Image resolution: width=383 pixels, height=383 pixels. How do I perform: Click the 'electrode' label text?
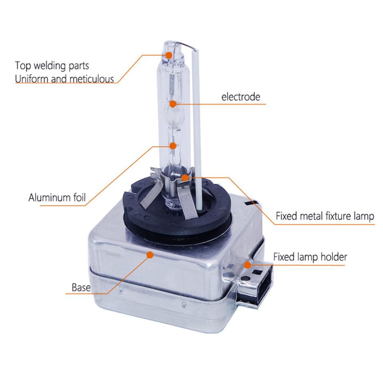click(x=241, y=97)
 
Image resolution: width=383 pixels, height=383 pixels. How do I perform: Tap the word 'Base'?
click(x=81, y=287)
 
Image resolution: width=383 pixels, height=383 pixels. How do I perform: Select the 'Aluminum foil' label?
click(x=57, y=197)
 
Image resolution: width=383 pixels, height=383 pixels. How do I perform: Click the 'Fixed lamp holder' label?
click(x=310, y=257)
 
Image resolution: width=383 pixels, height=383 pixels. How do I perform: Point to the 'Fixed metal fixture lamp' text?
click(x=325, y=216)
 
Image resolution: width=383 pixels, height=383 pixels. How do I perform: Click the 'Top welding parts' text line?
click(x=52, y=65)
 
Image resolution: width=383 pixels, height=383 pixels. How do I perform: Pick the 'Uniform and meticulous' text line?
click(x=64, y=79)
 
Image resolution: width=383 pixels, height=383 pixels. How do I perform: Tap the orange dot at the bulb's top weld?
click(x=169, y=55)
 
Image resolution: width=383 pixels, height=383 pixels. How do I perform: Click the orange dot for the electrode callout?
click(x=173, y=104)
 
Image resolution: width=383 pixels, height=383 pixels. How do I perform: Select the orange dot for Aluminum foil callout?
click(x=173, y=146)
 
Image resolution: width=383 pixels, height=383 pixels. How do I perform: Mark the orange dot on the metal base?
click(x=150, y=255)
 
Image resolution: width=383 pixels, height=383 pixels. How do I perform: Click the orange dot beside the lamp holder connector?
click(x=247, y=265)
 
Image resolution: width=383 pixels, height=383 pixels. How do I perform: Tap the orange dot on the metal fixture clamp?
click(x=185, y=178)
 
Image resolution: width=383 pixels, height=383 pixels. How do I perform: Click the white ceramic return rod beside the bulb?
click(x=197, y=130)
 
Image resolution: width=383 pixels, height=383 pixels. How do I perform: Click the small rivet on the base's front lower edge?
click(x=184, y=304)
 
